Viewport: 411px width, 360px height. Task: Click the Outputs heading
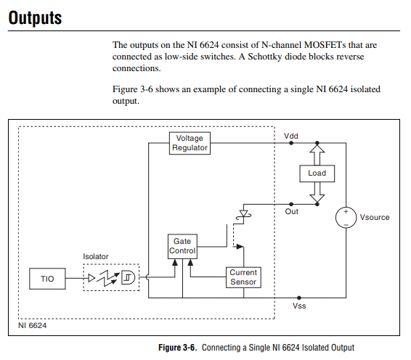click(35, 18)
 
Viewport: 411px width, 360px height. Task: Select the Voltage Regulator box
click(190, 143)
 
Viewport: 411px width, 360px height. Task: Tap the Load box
click(317, 173)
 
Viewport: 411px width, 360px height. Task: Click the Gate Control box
click(182, 246)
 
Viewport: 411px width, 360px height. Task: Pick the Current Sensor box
click(243, 277)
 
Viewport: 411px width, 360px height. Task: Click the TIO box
click(48, 279)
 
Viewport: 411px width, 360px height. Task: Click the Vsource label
click(375, 217)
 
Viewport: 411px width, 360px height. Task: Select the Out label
click(291, 211)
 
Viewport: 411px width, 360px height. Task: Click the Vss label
click(298, 306)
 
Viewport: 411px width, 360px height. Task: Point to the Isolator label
click(97, 257)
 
